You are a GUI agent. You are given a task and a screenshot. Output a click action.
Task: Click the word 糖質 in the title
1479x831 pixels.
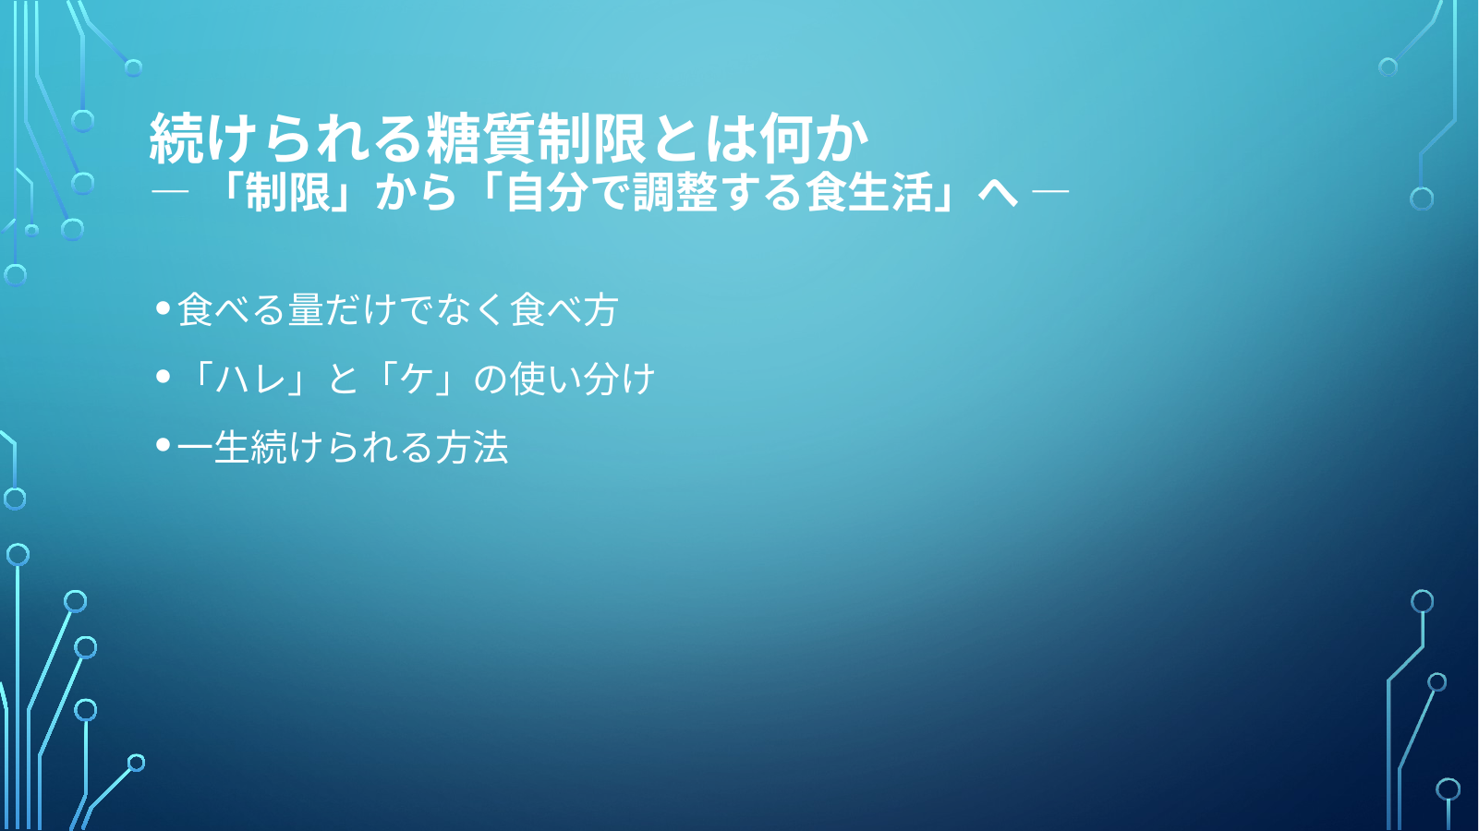(x=480, y=138)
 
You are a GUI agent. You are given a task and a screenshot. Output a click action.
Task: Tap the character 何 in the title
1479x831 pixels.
(x=786, y=138)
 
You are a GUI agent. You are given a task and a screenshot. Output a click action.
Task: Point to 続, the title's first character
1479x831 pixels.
(x=176, y=138)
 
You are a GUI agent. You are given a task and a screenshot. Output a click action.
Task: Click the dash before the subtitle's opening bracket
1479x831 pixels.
(x=170, y=192)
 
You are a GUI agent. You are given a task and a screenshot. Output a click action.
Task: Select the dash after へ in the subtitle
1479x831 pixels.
(x=1049, y=192)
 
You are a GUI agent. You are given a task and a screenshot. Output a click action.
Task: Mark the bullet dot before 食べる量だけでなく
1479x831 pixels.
(x=164, y=307)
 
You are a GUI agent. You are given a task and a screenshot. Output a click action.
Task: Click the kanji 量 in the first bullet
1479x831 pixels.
(x=305, y=309)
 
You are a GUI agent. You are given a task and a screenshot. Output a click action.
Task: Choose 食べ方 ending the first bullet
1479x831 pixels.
(x=564, y=309)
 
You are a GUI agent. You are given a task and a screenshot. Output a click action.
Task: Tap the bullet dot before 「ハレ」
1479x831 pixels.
(x=164, y=377)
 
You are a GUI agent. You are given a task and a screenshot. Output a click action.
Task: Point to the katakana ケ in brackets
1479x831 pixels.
(x=417, y=379)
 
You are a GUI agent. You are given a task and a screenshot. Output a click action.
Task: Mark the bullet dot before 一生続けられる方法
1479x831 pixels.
(x=164, y=446)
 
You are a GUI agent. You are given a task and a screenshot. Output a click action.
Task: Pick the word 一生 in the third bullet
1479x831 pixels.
(x=212, y=448)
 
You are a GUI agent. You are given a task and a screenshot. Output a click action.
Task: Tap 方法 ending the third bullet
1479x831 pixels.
(x=471, y=448)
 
